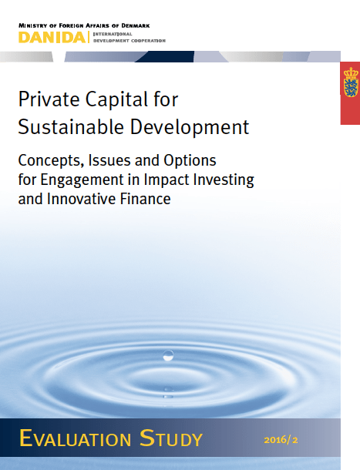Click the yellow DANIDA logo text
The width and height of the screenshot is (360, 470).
[52, 36]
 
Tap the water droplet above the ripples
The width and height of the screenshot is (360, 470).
[168, 355]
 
